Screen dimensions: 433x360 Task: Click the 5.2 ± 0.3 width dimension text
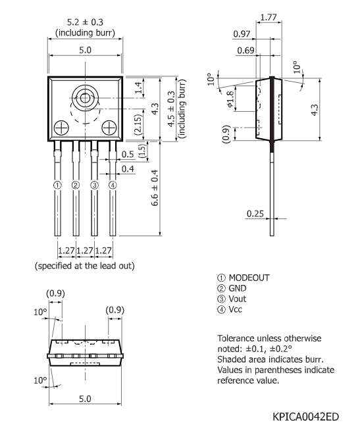[x=84, y=21]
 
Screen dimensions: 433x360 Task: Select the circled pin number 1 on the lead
[x=58, y=186]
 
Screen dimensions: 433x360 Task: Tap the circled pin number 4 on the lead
[x=113, y=186]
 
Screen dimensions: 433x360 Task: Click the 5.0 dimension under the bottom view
[x=84, y=399]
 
